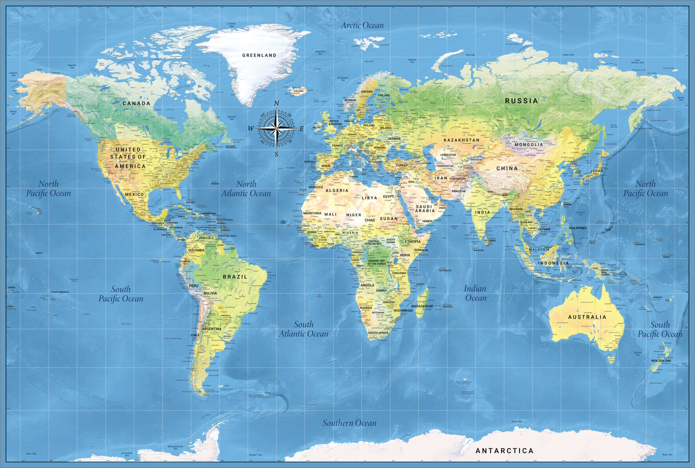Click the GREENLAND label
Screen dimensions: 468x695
[259, 55]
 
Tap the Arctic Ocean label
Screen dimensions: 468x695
[362, 26]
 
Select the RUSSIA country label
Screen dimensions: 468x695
[521, 101]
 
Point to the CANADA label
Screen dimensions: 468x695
[136, 104]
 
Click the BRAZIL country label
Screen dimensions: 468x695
[235, 277]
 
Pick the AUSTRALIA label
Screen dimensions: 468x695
[587, 317]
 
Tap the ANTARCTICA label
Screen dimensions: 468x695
[505, 451]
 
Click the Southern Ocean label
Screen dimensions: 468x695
[349, 423]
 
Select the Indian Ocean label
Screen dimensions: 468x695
[475, 293]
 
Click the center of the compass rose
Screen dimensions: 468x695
[276, 129]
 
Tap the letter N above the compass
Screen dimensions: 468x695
[277, 104]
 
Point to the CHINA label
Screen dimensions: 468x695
[507, 169]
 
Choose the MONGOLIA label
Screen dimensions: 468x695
[529, 144]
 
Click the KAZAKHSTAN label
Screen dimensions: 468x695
[461, 140]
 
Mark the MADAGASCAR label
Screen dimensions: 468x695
[422, 306]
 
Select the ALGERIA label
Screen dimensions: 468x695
[337, 191]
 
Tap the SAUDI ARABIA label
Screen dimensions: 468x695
[425, 208]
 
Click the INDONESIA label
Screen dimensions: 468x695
[553, 263]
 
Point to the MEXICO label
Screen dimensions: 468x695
[134, 195]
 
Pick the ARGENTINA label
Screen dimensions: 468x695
[212, 329]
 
